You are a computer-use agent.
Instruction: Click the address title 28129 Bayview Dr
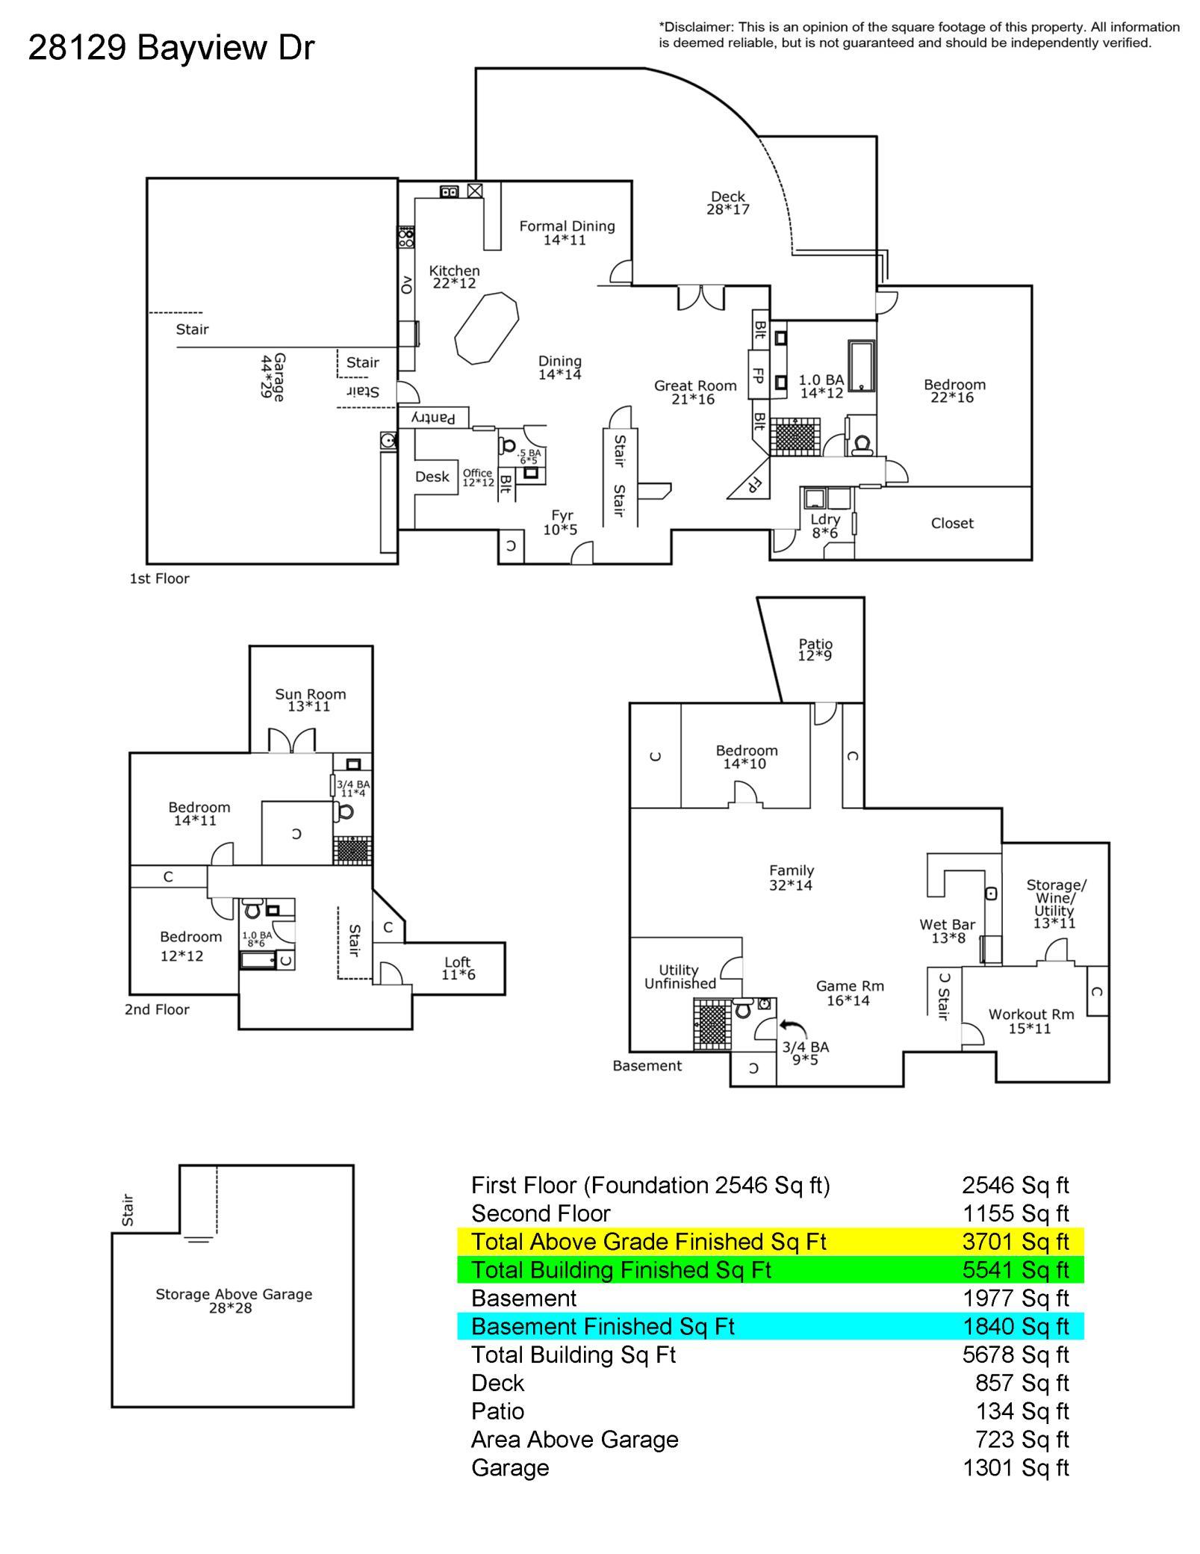click(171, 48)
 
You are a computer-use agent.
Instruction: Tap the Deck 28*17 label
click(728, 203)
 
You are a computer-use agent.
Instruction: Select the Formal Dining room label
click(567, 232)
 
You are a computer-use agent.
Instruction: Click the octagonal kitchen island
click(486, 329)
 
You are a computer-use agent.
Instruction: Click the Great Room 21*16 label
click(695, 392)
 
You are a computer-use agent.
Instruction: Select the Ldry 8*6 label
click(825, 526)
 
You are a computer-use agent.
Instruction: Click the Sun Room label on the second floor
click(310, 700)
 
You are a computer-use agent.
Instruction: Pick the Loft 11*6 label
click(458, 968)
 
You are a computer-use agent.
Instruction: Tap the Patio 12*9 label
click(815, 649)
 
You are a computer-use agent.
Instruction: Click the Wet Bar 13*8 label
click(948, 931)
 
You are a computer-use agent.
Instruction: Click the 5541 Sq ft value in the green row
click(1016, 1270)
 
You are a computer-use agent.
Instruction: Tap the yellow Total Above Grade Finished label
click(648, 1242)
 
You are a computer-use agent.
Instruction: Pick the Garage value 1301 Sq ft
click(1016, 1468)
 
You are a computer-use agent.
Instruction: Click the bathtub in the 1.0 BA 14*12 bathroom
click(861, 366)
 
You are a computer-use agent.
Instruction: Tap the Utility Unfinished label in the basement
click(680, 976)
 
